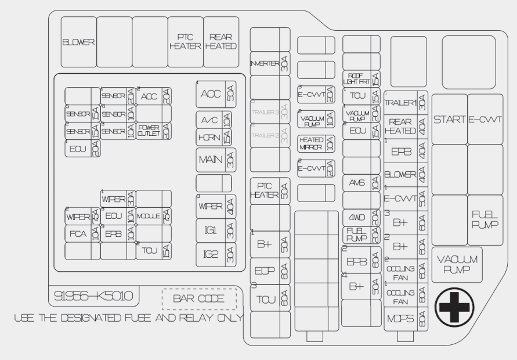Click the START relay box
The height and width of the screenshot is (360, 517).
(x=450, y=119)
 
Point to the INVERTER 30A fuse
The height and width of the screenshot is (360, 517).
(x=270, y=63)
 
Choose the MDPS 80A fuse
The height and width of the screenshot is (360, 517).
(x=406, y=319)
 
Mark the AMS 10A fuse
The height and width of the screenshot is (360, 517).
(x=361, y=183)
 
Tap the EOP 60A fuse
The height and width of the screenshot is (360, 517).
(x=270, y=271)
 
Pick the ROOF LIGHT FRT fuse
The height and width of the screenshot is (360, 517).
(x=361, y=78)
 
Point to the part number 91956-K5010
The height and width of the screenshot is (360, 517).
(x=93, y=296)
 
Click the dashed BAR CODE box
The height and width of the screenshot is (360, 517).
(x=200, y=300)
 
